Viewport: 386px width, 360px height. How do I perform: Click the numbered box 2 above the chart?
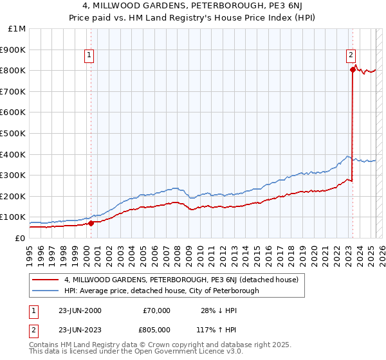351,56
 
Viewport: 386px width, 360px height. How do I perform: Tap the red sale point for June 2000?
91,224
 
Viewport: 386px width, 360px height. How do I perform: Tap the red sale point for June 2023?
353,69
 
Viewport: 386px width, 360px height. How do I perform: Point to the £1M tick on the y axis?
17,29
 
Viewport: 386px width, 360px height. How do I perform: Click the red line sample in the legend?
45,280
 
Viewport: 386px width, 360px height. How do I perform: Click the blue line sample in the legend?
45,291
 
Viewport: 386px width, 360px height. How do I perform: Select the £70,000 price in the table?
156,310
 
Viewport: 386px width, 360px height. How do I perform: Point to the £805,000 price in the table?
156,330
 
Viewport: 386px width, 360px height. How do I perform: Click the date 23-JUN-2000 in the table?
80,310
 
